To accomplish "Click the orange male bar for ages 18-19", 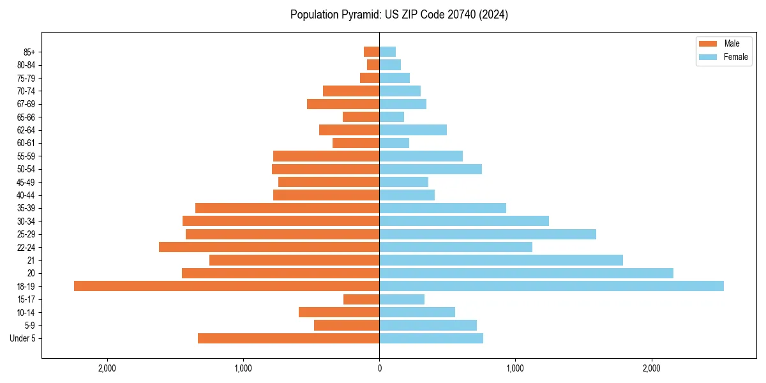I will pos(227,286).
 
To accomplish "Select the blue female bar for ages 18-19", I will pos(552,286).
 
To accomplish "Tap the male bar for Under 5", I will pos(289,338).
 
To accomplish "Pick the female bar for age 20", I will pos(526,273).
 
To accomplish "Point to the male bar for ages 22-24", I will pos(269,247).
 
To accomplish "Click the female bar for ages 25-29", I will pos(488,234).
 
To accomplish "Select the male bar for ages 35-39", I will pos(287,208).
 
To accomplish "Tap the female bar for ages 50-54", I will pos(430,169).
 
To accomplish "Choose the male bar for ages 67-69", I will pos(343,104).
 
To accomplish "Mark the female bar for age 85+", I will pos(387,52).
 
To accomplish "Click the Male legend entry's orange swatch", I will pos(708,43).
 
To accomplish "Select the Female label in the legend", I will pos(736,57).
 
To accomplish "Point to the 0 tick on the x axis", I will pos(379,368).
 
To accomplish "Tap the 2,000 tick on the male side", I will pos(107,368).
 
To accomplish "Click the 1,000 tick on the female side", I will pos(515,368).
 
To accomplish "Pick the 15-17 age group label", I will pos(26,299).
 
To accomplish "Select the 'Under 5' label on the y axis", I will pos(22,338).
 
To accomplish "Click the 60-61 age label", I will pos(26,143).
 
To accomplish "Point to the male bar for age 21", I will pos(294,260).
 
